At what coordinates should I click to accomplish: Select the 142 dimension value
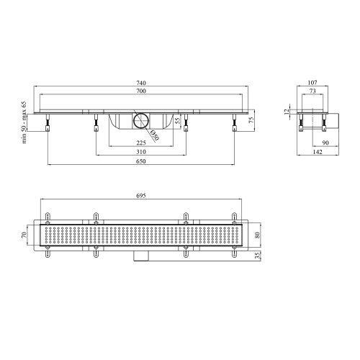318,153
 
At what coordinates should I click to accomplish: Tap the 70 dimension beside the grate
24,235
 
